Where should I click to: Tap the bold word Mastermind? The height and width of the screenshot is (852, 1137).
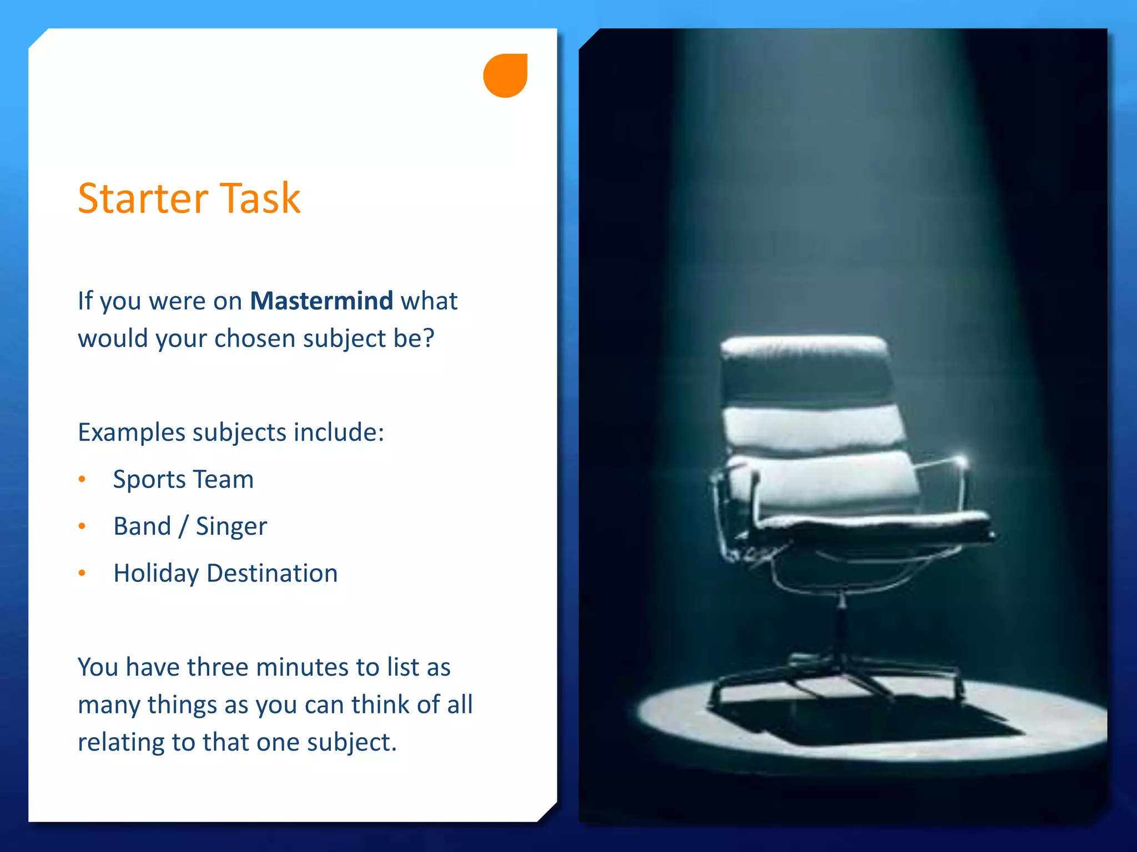(x=321, y=301)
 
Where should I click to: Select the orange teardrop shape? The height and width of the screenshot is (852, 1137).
(x=505, y=75)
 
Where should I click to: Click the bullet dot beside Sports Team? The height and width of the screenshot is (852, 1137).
(x=82, y=479)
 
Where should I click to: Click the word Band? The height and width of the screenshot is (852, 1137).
(x=142, y=526)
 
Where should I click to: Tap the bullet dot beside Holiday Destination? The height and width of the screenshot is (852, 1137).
(x=82, y=573)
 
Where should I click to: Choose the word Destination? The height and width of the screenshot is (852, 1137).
(x=272, y=574)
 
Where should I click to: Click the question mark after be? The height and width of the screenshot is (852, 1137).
(x=428, y=338)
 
